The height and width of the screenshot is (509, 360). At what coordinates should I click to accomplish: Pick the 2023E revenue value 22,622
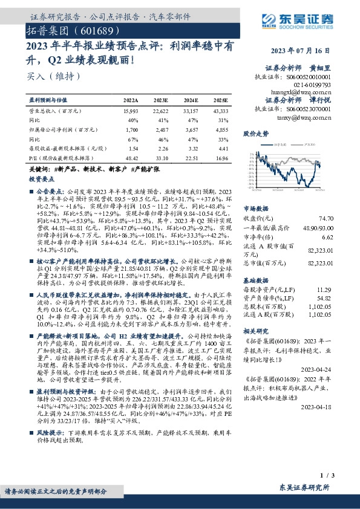tap(162, 111)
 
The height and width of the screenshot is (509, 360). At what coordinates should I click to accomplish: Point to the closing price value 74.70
tap(326, 218)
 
